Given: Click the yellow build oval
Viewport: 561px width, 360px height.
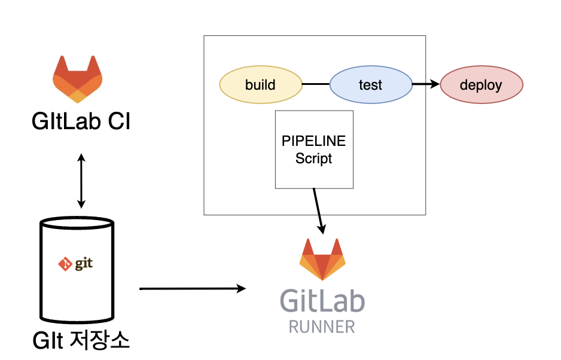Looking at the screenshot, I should click(x=260, y=84).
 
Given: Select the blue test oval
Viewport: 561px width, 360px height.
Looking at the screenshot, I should click(x=371, y=84).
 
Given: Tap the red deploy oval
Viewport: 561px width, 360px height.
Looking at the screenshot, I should click(x=481, y=84).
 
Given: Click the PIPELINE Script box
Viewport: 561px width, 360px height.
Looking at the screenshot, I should click(x=314, y=150).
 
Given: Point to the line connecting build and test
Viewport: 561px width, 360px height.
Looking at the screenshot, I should click(x=315, y=84).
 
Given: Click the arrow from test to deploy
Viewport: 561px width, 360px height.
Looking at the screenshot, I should click(x=426, y=84).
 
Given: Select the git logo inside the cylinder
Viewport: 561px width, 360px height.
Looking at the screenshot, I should click(x=76, y=263).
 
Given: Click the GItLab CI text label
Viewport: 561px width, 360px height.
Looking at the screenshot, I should click(x=81, y=122).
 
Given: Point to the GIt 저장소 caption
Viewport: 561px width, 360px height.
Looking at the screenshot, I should click(x=81, y=341).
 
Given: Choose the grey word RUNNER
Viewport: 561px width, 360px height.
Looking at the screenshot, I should click(x=322, y=327).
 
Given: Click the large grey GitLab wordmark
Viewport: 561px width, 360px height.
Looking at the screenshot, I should click(x=322, y=301).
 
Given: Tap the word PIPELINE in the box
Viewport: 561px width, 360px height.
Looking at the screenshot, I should click(x=314, y=142).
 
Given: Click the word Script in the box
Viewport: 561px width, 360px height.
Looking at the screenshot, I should click(x=314, y=159).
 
